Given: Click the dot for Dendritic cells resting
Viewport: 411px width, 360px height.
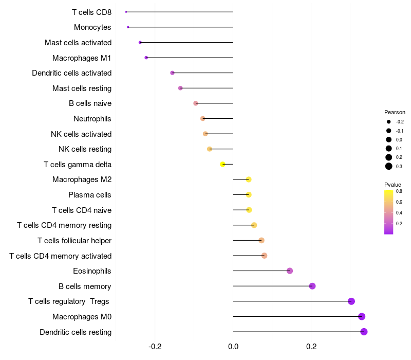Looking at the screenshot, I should point(364,332).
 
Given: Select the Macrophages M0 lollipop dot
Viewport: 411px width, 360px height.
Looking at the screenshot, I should point(362,317).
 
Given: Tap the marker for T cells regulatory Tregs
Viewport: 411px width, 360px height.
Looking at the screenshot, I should point(351,301).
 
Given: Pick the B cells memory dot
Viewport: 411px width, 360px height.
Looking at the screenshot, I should point(312,286).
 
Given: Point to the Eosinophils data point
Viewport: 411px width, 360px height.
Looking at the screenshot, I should point(290,271).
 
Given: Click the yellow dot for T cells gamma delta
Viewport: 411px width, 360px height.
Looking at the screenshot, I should point(222,164).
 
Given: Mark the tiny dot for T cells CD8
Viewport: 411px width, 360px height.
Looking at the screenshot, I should point(126,12).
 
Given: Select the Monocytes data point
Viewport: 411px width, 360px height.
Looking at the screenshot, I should point(128,27).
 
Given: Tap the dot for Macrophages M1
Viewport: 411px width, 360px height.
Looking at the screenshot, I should point(146,58).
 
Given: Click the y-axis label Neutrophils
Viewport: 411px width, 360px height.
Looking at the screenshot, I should point(92,119).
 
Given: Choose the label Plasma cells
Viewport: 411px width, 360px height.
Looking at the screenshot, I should point(90,195).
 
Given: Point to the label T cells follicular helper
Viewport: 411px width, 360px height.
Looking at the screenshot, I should point(74,241).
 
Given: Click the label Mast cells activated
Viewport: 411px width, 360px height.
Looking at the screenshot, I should point(78,43).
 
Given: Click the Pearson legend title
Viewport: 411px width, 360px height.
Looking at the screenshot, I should point(395,112).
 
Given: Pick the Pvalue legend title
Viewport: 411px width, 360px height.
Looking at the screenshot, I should point(393,185).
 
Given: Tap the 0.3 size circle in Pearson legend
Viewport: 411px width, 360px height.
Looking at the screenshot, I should point(389,166).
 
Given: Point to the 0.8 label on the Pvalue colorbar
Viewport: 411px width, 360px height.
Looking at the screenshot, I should point(399,191).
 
